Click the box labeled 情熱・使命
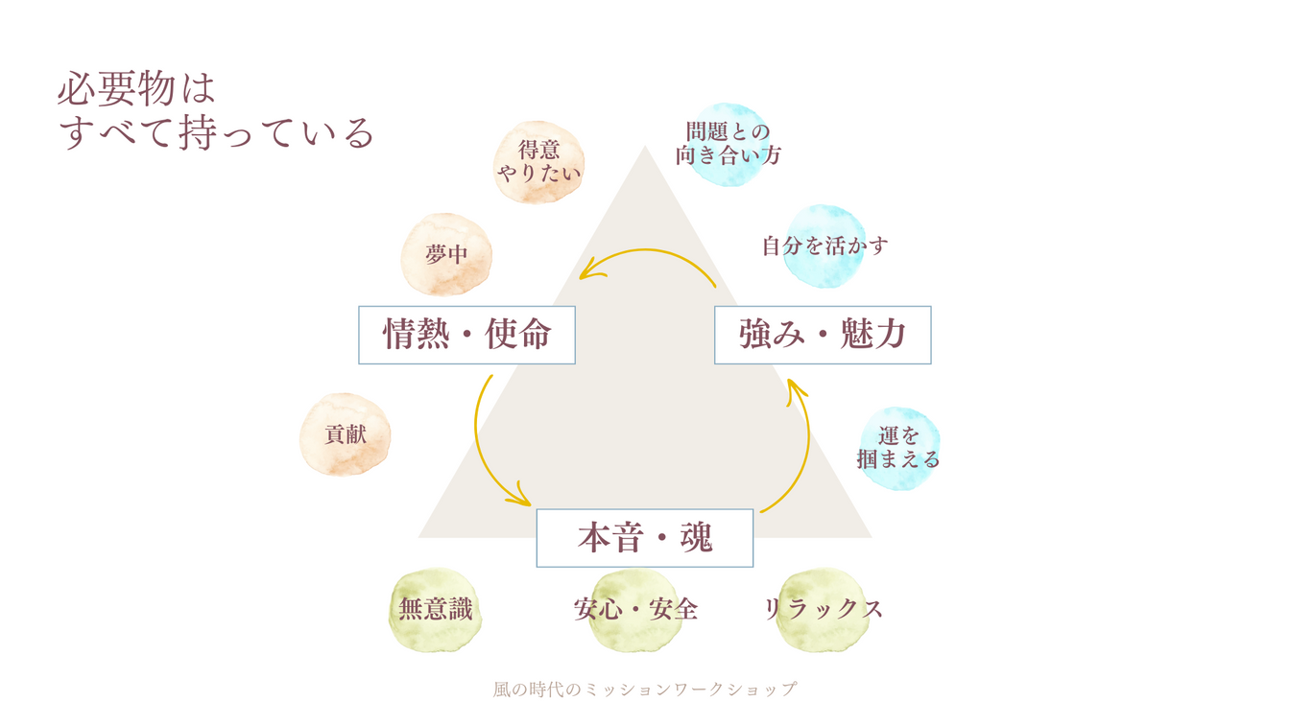point(466,335)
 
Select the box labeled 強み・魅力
point(823,335)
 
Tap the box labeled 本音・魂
point(645,538)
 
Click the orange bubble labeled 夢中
point(446,254)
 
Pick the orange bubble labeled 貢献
point(345,434)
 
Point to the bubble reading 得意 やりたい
point(539,162)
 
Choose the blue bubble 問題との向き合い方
point(728,145)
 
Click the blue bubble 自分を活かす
point(824,246)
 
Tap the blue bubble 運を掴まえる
point(899,449)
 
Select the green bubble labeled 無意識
point(436,610)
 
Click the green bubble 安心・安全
point(635,610)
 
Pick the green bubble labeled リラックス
point(823,610)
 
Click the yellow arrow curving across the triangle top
point(645,250)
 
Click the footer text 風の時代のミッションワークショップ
point(645,689)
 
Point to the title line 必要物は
point(136,89)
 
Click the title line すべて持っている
point(217,133)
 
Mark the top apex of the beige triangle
point(645,146)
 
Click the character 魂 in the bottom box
point(696,538)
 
